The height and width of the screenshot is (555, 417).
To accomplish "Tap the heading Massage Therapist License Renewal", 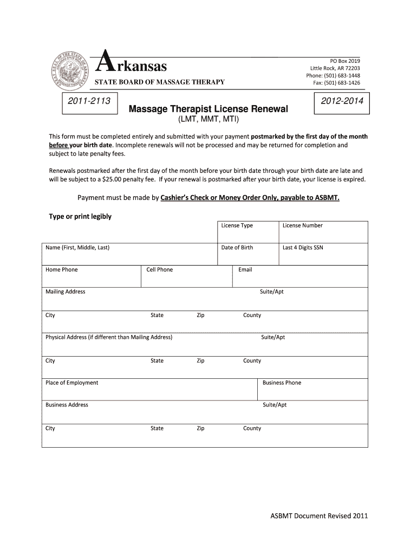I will pyautogui.click(x=208, y=109).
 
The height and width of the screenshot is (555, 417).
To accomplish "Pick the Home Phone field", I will pyautogui.click(x=92, y=276).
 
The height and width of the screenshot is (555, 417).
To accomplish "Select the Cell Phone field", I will pyautogui.click(x=187, y=276).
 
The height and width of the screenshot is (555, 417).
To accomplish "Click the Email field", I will pyautogui.click(x=300, y=276).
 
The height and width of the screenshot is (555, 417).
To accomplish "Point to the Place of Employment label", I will pyautogui.click(x=72, y=383).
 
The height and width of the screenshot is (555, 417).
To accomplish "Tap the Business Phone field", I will pyautogui.click(x=312, y=390).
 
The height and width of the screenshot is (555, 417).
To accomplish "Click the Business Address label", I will pyautogui.click(x=67, y=405).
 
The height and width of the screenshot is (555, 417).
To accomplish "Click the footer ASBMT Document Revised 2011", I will pyautogui.click(x=319, y=515).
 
